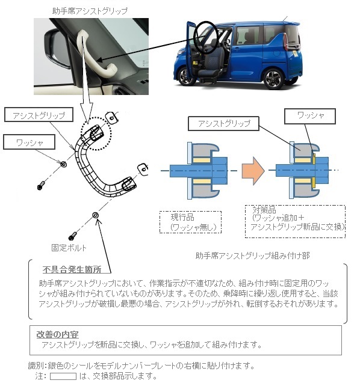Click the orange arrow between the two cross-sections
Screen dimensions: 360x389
coord(253,171)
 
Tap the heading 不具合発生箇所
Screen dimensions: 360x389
coord(72,270)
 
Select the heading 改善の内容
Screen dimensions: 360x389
coord(57,334)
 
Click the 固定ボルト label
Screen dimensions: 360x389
coord(69,248)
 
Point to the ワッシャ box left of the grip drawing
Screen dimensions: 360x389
coord(29,142)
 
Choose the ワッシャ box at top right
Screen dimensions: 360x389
coord(310,116)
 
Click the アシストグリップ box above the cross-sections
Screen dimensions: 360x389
coord(223,123)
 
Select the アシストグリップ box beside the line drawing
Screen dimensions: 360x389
coord(39,114)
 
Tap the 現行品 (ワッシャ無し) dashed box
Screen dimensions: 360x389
coord(190,222)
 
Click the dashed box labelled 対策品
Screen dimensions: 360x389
coord(295,221)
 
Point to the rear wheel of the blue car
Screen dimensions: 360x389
coord(273,77)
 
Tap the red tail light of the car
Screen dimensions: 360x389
coord(285,41)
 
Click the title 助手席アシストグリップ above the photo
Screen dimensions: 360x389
coord(90,11)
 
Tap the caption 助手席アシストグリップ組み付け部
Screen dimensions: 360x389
coord(252,256)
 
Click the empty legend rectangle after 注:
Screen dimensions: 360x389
coord(63,376)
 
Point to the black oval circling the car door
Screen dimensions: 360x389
coord(206,37)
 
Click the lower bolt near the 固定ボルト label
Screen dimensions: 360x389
coord(73,236)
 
